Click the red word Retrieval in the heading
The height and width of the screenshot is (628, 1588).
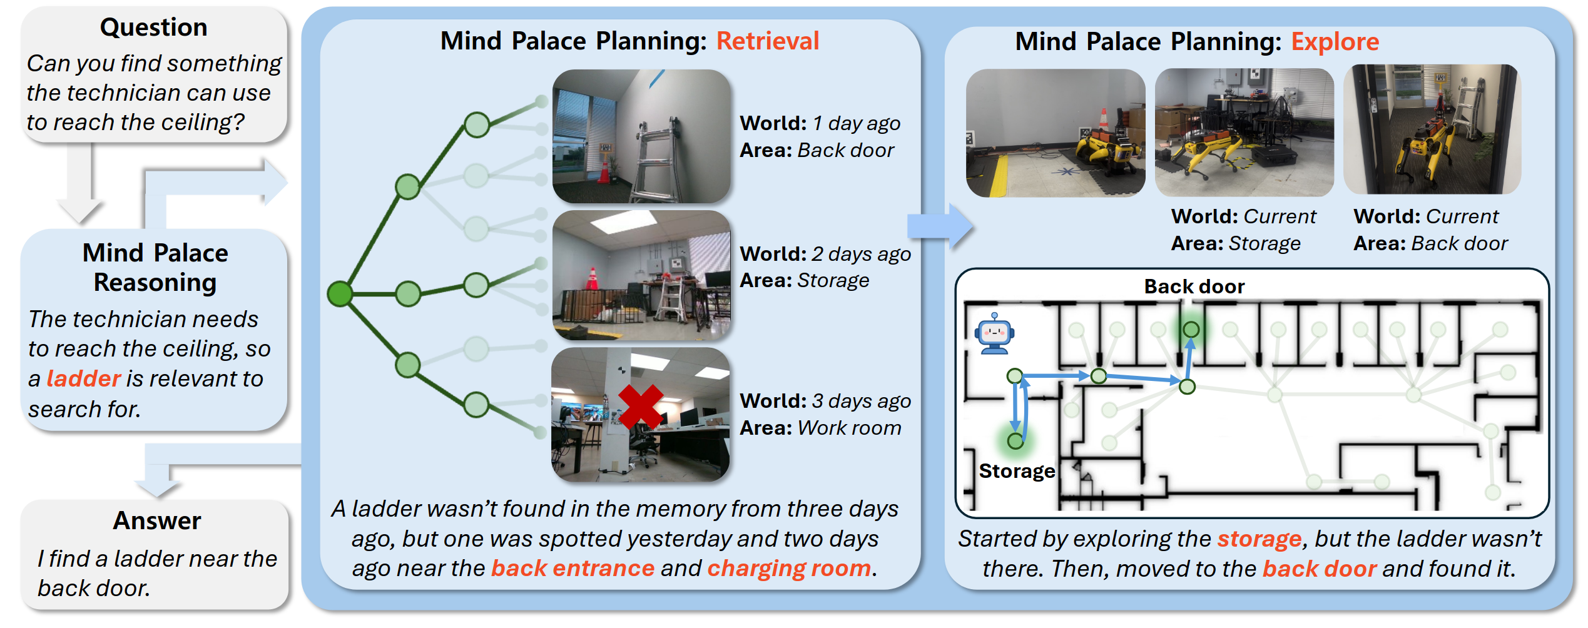point(767,41)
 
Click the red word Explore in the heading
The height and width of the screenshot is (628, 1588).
point(1335,42)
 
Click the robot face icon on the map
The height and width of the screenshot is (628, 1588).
point(994,334)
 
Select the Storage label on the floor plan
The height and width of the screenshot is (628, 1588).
point(1016,471)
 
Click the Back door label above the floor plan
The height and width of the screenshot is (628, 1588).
point(1194,286)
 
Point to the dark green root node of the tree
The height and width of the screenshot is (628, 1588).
point(340,293)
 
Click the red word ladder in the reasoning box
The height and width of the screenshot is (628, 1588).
point(83,379)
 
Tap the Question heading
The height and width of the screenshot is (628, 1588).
point(154,28)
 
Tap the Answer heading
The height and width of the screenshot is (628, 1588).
point(157,521)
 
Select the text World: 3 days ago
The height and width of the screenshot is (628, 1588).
point(825,401)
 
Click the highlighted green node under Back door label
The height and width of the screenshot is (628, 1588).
point(1191,330)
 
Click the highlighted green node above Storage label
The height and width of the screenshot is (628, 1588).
point(1015,441)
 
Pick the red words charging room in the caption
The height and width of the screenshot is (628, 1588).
point(789,569)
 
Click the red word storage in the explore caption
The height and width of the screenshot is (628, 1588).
point(1259,539)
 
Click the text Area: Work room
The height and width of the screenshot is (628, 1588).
point(820,428)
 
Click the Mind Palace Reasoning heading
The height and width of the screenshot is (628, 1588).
point(155,268)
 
